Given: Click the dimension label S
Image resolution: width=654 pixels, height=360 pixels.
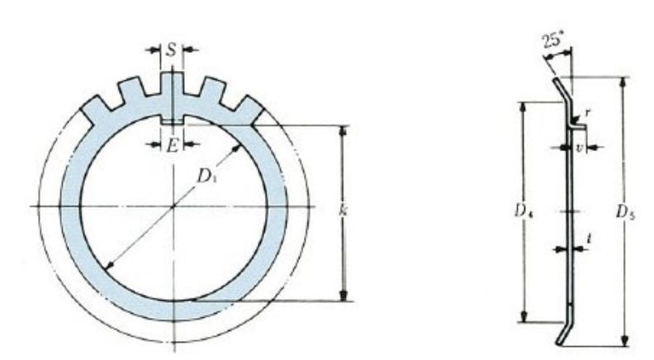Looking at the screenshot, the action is coord(172,50).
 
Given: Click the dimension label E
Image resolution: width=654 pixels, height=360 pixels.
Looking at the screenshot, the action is coord(172,145).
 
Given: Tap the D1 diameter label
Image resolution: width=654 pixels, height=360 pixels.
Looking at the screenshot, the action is coord(206,177).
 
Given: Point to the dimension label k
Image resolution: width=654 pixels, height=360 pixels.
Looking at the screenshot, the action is coord(343,211).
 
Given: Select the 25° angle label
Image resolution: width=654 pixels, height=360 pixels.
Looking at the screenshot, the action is coord(552,41).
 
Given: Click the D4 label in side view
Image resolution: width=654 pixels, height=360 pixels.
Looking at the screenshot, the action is coord(523,212).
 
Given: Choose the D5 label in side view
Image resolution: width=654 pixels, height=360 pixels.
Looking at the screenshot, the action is coord(625,212).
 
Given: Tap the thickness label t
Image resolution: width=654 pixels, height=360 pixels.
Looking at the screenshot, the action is coord(589,238).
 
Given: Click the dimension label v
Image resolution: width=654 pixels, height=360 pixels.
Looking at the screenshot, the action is coord(579,147).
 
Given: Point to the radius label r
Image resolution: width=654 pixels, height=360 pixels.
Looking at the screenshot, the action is coord(588,111).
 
